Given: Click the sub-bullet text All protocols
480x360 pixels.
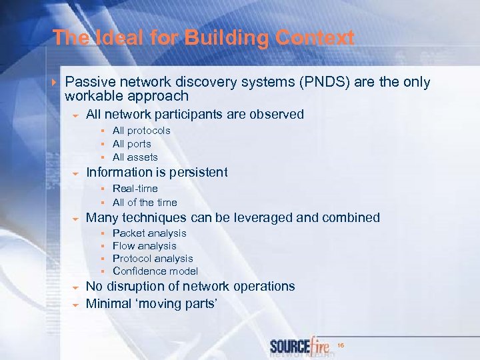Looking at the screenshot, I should [141, 131].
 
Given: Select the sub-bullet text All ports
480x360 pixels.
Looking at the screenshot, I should [132, 144].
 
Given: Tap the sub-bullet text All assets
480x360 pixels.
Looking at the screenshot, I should [135, 157].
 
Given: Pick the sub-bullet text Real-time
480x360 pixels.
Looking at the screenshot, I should [135, 189].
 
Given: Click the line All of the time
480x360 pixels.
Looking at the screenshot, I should [145, 202].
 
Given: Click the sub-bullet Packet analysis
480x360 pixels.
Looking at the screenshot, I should [149, 233].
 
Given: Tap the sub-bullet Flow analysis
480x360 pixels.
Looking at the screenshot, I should [145, 246].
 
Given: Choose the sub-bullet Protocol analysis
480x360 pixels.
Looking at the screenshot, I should [153, 259].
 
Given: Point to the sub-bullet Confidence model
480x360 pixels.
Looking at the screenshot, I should [155, 271].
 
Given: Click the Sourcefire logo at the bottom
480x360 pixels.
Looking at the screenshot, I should [300, 347].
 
